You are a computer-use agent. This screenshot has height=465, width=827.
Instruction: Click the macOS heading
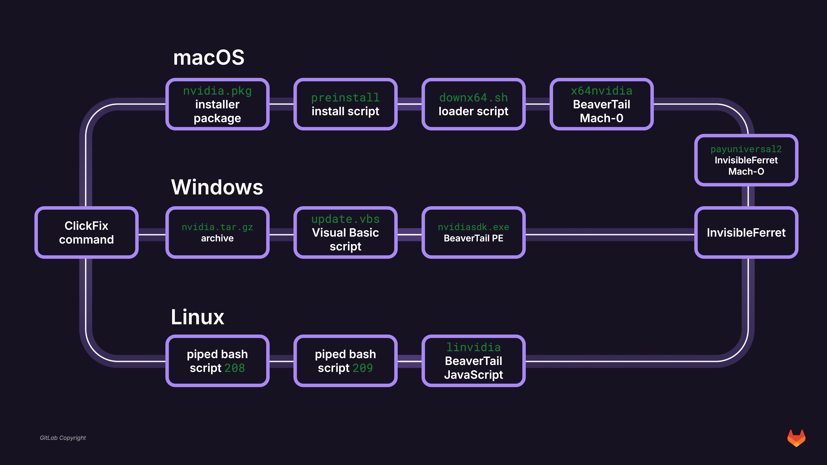(209, 58)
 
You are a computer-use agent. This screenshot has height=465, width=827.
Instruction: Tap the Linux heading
(197, 317)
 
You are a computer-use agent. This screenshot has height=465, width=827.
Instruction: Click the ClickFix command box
(86, 232)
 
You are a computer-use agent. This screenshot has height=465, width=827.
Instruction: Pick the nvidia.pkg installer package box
(217, 104)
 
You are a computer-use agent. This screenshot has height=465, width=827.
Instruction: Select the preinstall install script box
(345, 104)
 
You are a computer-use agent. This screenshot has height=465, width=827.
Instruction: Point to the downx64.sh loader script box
(474, 104)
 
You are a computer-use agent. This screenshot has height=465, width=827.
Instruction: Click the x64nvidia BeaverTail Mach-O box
(602, 104)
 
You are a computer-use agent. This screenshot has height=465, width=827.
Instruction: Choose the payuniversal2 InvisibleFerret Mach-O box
(746, 160)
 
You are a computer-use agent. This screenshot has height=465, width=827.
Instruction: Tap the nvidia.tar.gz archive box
(217, 232)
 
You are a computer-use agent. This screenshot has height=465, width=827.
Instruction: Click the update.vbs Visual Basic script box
(345, 232)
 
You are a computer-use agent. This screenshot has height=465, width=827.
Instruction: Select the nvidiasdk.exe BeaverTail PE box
(474, 232)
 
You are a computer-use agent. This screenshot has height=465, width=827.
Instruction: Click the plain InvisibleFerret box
(746, 232)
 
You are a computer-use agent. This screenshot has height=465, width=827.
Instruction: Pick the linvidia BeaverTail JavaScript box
(474, 361)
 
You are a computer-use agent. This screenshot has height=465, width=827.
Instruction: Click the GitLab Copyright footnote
(63, 438)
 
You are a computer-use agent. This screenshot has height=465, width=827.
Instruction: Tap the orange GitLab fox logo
(796, 438)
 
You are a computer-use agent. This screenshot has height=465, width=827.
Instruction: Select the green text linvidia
(474, 347)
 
